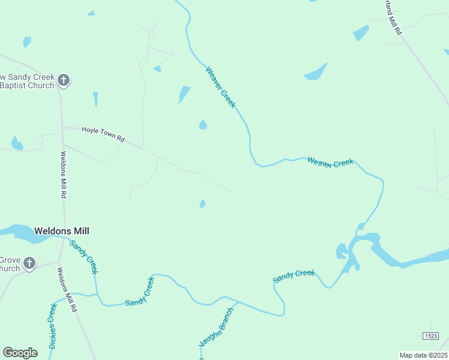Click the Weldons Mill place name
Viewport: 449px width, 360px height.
tap(62, 230)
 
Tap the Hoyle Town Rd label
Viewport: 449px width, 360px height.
tap(103, 134)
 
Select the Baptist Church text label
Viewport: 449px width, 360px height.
tap(27, 85)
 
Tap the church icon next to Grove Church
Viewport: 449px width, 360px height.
tap(29, 263)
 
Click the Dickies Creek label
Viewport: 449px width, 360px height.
tap(52, 326)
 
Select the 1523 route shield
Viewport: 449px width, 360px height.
tap(430, 336)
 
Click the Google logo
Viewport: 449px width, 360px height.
tap(20, 353)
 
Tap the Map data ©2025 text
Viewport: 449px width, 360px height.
tap(423, 355)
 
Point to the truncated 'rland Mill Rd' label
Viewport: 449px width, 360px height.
tap(392, 18)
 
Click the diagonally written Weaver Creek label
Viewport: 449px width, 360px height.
tap(220, 87)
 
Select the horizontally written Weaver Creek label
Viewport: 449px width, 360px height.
tap(330, 162)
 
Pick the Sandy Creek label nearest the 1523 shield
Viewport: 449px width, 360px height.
tap(294, 276)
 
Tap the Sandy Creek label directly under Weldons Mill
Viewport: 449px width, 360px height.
tap(83, 257)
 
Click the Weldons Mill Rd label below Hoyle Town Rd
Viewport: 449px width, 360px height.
tap(62, 175)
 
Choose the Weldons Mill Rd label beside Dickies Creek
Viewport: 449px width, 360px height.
tap(67, 289)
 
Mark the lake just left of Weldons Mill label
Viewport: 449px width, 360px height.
tap(18, 233)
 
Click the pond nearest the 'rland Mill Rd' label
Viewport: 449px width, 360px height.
tap(361, 32)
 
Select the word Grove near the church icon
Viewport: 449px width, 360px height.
tap(10, 260)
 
